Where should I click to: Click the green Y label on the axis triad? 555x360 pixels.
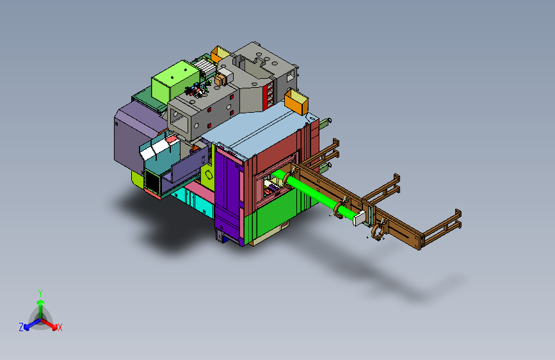point(40,293)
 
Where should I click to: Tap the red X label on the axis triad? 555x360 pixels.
point(60,328)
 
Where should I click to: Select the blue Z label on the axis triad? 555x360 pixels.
point(21,327)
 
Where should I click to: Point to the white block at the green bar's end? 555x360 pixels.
point(359,218)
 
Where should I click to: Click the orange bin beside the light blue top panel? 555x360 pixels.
point(296,101)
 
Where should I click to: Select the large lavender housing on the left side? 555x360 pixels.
point(136,136)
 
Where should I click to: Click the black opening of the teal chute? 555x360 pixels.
point(152,181)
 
